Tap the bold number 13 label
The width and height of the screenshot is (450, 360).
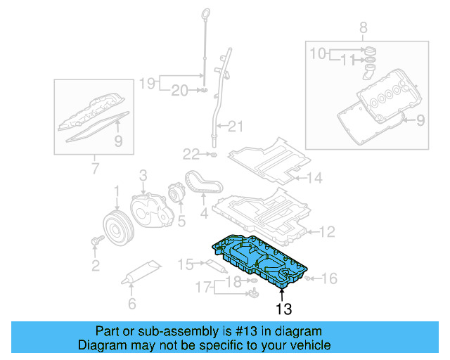click(283, 308)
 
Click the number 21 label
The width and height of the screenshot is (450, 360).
click(234, 127)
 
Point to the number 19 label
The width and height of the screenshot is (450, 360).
click(146, 82)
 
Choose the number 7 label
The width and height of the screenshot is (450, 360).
click(95, 168)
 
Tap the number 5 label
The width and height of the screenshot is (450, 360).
click(181, 222)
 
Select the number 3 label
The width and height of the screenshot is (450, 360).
click(142, 174)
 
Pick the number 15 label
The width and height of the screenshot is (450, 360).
click(185, 264)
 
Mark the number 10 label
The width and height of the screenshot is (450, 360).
click(317, 53)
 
